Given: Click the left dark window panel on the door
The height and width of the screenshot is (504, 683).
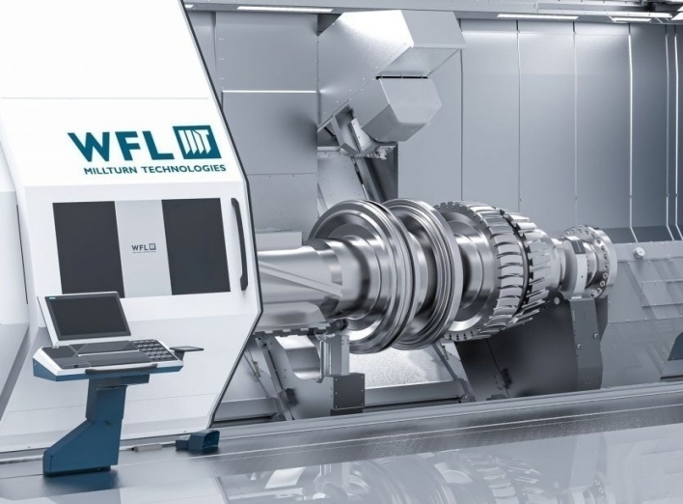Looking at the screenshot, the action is point(88,247).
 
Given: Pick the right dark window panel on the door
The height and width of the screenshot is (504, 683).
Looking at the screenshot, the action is point(196,246).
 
